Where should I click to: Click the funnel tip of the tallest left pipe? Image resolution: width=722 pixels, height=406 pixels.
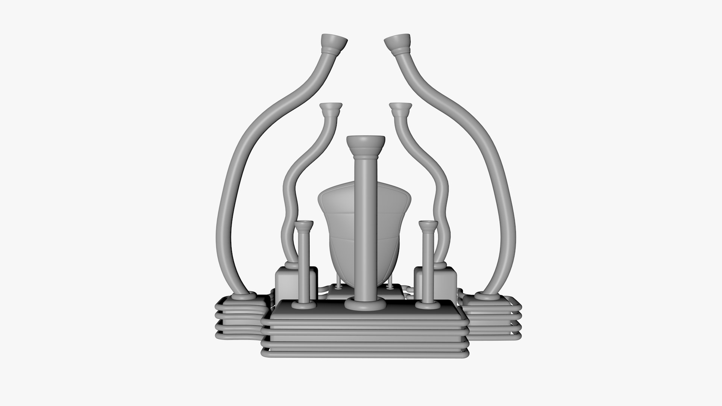(334, 43)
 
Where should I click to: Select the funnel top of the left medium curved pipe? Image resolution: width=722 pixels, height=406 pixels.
(331, 108)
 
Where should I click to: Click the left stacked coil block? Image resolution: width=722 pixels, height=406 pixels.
(237, 316)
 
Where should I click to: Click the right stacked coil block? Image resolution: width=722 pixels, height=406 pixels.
(493, 316)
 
